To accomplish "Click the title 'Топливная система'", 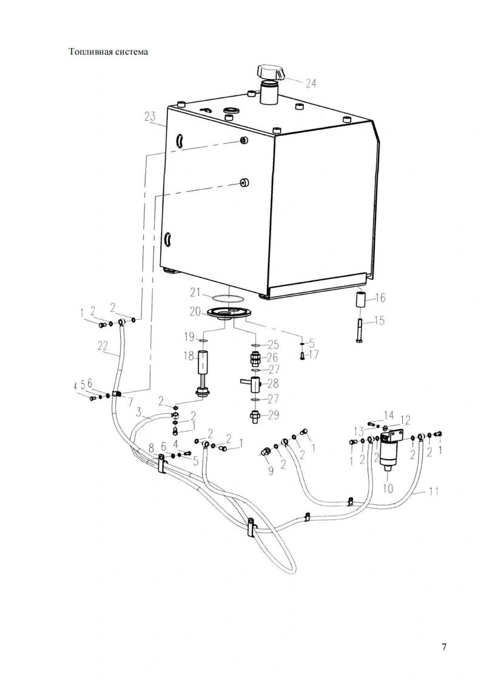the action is (x=109, y=52).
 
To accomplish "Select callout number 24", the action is (x=311, y=83).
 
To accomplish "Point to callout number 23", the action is (x=150, y=117).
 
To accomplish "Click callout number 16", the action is (x=380, y=298).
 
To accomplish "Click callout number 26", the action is (x=272, y=357).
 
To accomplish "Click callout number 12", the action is (x=405, y=421).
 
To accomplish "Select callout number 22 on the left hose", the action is (x=102, y=346).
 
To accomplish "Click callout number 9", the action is (x=271, y=470).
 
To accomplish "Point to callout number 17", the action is (x=313, y=354).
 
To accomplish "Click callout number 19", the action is (x=189, y=337).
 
